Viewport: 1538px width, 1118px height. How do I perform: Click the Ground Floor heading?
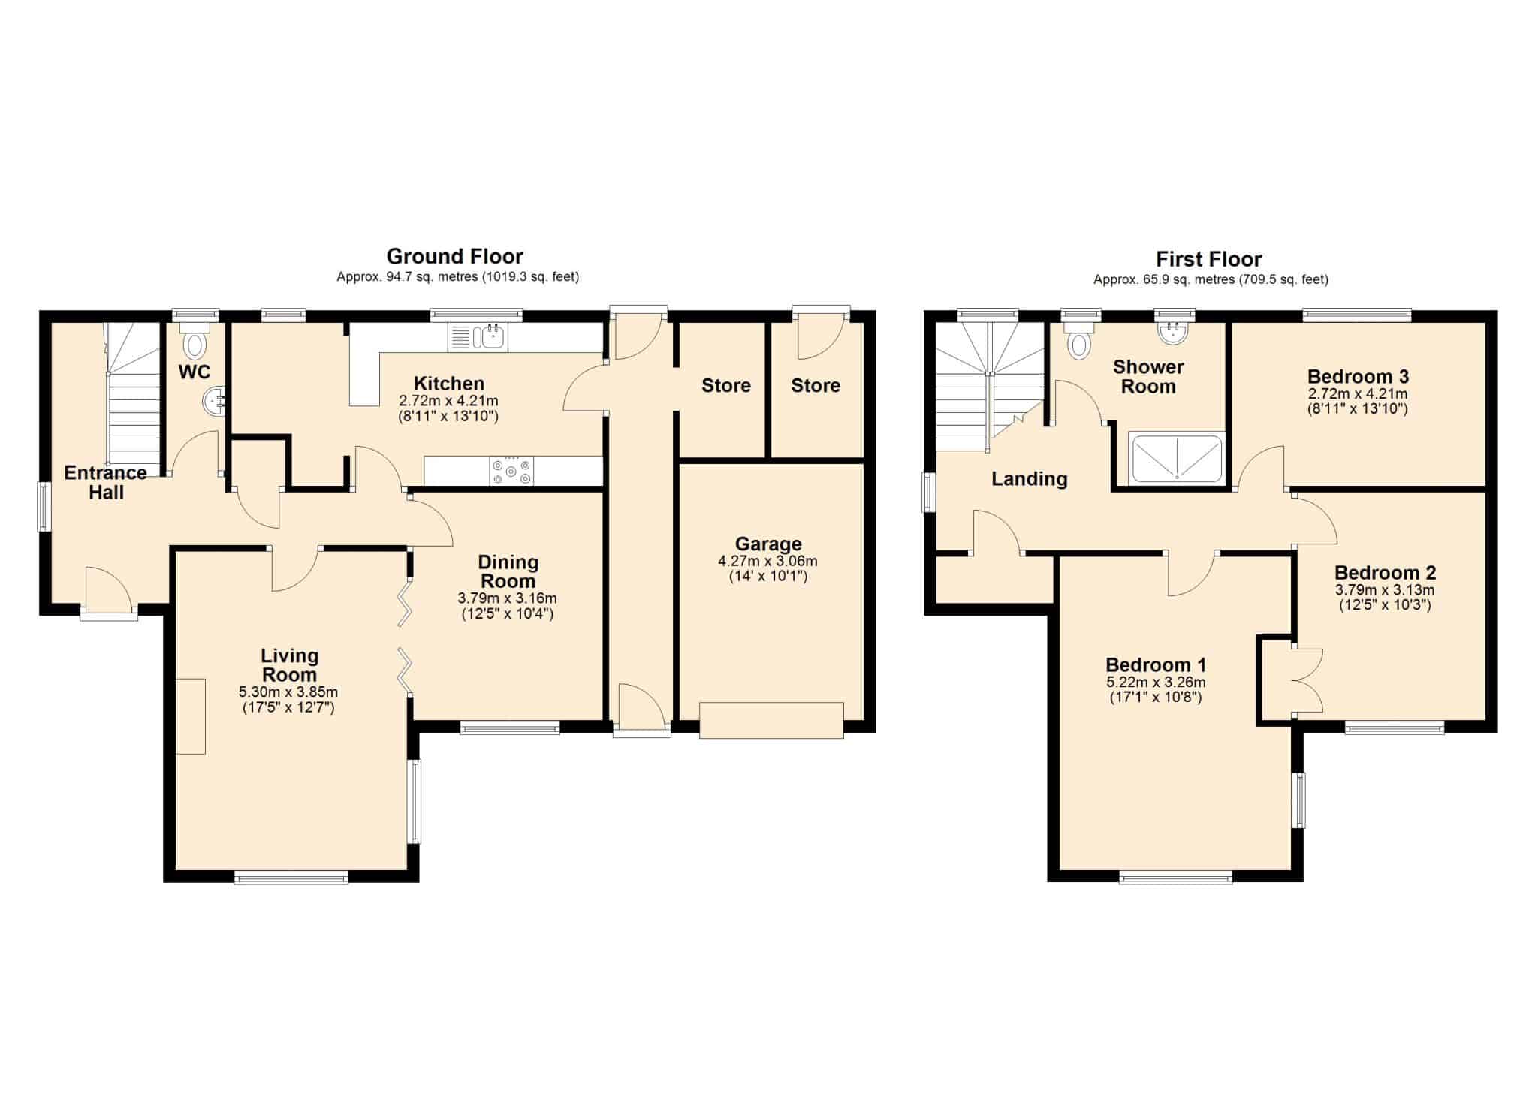click(454, 257)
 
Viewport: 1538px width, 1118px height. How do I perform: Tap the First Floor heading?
click(1208, 260)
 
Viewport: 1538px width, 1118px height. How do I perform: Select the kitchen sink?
click(478, 337)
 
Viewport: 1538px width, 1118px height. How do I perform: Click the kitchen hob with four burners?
click(511, 471)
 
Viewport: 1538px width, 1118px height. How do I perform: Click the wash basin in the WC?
click(213, 401)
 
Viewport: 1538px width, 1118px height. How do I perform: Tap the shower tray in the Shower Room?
click(1177, 458)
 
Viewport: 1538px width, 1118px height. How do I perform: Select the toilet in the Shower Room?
click(1080, 339)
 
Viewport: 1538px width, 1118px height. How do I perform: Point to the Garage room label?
click(768, 544)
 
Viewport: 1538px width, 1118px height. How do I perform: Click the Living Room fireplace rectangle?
click(191, 716)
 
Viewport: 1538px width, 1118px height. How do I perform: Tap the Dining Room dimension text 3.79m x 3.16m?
click(508, 598)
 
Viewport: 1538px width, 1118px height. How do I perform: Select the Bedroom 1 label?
click(1156, 665)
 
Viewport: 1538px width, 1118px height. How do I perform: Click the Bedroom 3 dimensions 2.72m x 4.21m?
click(1358, 393)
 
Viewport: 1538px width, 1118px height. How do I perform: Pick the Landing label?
click(1030, 479)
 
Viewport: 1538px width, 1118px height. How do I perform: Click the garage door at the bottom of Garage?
click(771, 720)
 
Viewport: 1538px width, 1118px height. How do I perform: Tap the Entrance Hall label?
click(106, 483)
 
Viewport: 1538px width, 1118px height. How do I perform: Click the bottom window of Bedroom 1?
click(1175, 877)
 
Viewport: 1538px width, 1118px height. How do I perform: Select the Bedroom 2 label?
click(1386, 573)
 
